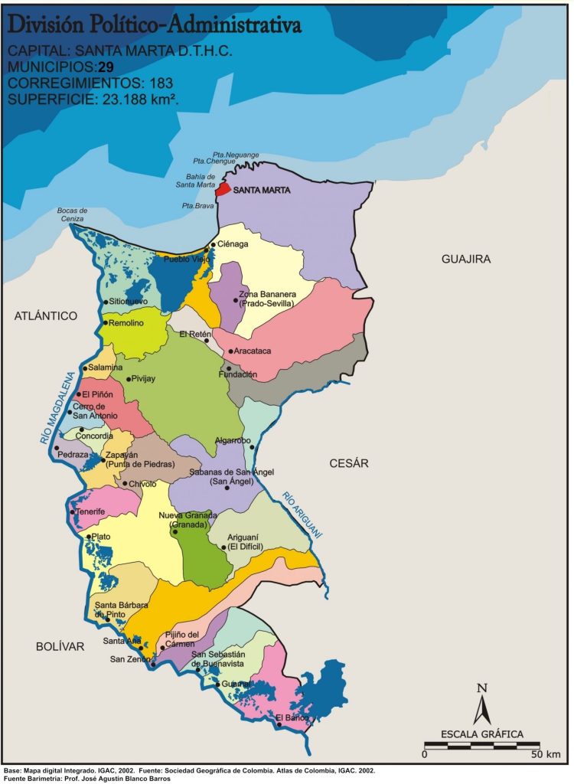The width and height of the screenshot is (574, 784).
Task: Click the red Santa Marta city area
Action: tap(223, 189)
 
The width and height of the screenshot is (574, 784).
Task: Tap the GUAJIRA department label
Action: tap(465, 260)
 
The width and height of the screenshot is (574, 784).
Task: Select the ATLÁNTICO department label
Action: tap(46, 315)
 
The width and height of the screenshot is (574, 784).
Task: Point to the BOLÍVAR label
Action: tap(59, 647)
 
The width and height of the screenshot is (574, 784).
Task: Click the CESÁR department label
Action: tap(349, 463)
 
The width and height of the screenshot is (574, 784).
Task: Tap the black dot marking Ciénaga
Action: tap(213, 245)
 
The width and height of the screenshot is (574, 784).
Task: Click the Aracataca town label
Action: tap(251, 351)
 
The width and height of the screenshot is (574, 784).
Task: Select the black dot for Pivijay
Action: tap(128, 379)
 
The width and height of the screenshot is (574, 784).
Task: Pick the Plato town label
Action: tap(101, 537)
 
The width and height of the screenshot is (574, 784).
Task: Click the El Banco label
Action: tap(292, 717)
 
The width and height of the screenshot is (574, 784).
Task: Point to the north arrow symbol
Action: tap(481, 704)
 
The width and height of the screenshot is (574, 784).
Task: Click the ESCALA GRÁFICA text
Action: tap(482, 734)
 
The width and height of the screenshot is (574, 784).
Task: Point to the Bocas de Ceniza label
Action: tap(73, 215)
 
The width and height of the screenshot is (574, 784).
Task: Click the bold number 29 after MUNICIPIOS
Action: tap(106, 67)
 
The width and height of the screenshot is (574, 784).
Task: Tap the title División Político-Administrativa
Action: tap(154, 26)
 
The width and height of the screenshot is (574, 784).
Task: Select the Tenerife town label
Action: tap(90, 511)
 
